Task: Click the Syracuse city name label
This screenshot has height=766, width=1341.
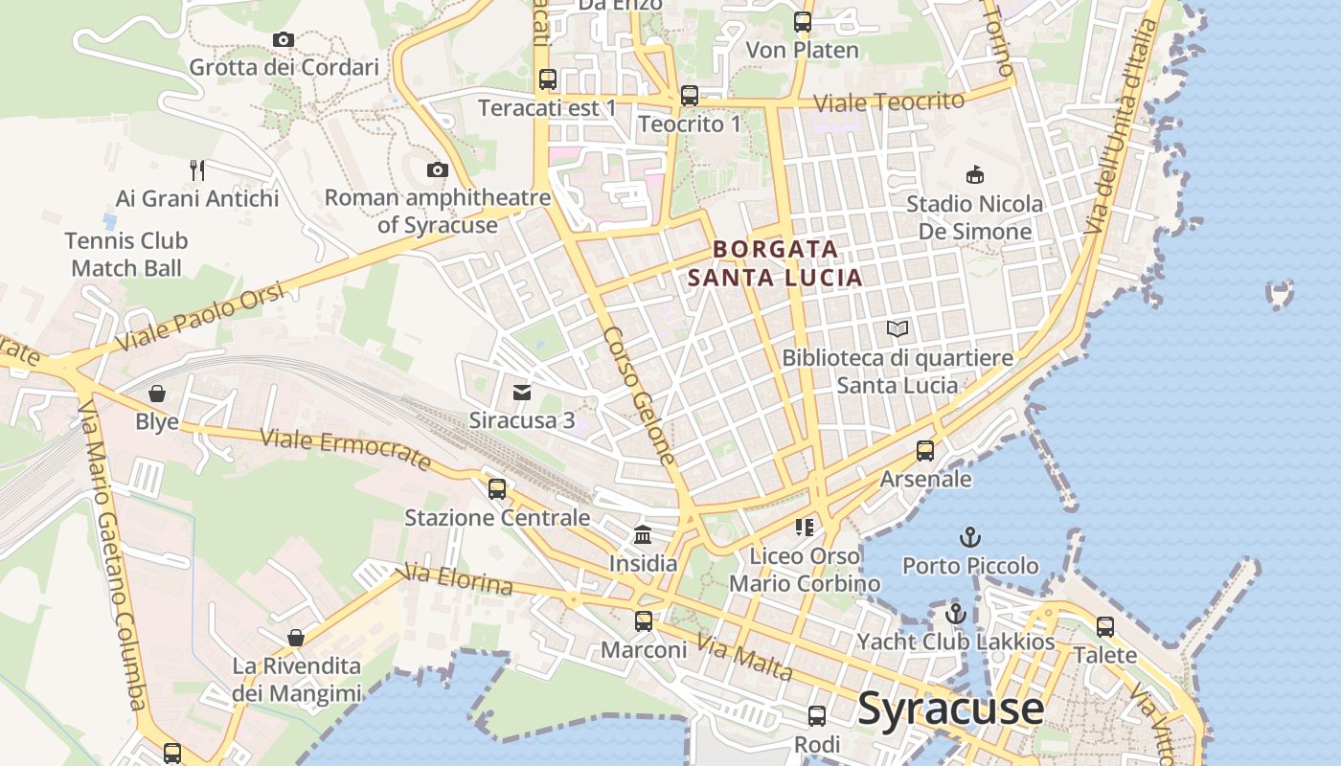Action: tap(950, 709)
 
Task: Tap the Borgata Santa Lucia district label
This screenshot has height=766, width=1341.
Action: tap(775, 263)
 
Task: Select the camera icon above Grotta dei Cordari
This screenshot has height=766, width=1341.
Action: tap(283, 39)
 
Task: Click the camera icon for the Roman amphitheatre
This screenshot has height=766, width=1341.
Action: tap(437, 169)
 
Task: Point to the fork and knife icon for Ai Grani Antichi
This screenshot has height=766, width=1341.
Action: tap(197, 170)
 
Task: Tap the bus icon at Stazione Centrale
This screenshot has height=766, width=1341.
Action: tap(496, 489)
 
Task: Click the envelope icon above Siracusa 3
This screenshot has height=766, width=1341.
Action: tap(522, 392)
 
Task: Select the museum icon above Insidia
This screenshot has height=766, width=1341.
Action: tap(643, 534)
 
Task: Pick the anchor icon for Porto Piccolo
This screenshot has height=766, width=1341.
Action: tap(970, 536)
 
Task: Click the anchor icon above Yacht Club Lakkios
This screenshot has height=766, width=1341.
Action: tap(955, 613)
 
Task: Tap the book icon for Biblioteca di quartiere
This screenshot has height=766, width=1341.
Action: tap(898, 329)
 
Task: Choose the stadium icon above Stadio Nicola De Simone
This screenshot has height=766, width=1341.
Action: tap(974, 175)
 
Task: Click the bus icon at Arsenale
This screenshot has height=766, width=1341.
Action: tap(925, 450)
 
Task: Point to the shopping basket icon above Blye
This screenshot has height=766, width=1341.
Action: tap(157, 394)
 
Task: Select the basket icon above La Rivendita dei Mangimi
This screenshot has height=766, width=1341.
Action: tap(296, 638)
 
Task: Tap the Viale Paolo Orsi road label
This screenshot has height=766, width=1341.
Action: tap(200, 317)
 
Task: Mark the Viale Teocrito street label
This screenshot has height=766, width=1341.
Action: tap(888, 102)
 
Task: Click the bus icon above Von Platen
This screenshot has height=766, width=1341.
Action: tap(803, 21)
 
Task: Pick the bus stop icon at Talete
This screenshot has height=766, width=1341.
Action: tap(1105, 627)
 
